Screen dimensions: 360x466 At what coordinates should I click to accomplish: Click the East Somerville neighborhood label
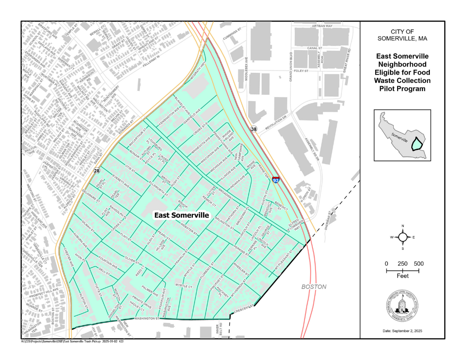tap(181, 215)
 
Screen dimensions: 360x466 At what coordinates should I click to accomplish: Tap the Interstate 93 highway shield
tap(275, 180)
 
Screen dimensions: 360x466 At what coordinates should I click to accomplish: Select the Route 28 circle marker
tap(97, 170)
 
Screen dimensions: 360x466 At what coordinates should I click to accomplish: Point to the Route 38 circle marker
tap(254, 129)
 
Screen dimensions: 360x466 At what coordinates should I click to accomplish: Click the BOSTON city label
tap(314, 287)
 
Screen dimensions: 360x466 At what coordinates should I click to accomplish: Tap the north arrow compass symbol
tap(402, 237)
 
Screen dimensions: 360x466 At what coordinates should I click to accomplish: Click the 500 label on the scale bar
tap(419, 264)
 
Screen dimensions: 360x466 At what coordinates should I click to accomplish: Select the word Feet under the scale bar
tap(402, 276)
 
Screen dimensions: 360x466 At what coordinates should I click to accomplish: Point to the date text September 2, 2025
tap(402, 331)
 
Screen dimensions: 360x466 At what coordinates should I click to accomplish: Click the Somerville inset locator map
tap(402, 135)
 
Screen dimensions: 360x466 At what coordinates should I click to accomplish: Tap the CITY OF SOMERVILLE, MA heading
tap(402, 35)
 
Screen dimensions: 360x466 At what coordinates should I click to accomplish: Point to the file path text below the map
tap(72, 341)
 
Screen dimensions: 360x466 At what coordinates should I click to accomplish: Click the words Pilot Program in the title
tap(402, 89)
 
